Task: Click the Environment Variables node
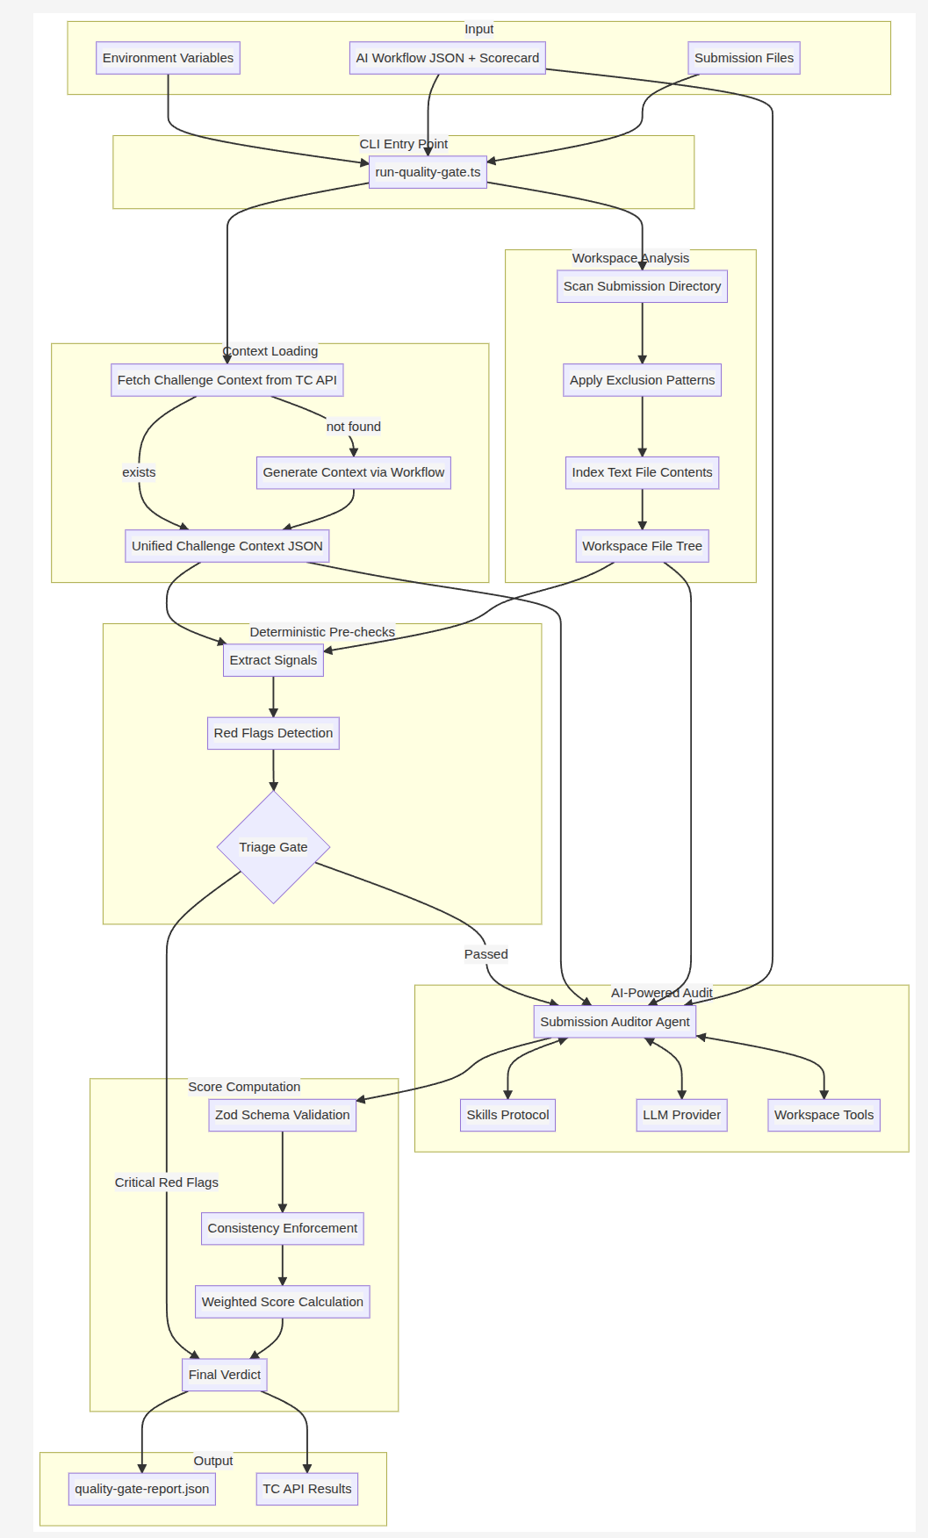[x=168, y=58]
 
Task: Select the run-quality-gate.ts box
[x=428, y=172]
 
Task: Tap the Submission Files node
[x=744, y=58]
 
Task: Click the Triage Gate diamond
[x=273, y=847]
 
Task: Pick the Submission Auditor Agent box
[x=615, y=1022]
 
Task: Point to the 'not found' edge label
[x=354, y=427]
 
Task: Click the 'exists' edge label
[x=139, y=472]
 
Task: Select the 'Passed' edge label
[x=486, y=954]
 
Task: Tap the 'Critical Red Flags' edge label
[x=167, y=1182]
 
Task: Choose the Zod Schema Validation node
[x=282, y=1115]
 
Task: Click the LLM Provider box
[x=681, y=1115]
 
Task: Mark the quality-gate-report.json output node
[x=141, y=1489]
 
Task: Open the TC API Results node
[x=306, y=1489]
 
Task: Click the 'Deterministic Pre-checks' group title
[x=322, y=632]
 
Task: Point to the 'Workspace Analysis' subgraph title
[x=630, y=258]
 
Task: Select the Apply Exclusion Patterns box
[x=642, y=380]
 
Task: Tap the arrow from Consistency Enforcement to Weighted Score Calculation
[x=283, y=1265]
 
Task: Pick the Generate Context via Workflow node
[x=353, y=472]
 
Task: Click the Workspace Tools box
[x=824, y=1115]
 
